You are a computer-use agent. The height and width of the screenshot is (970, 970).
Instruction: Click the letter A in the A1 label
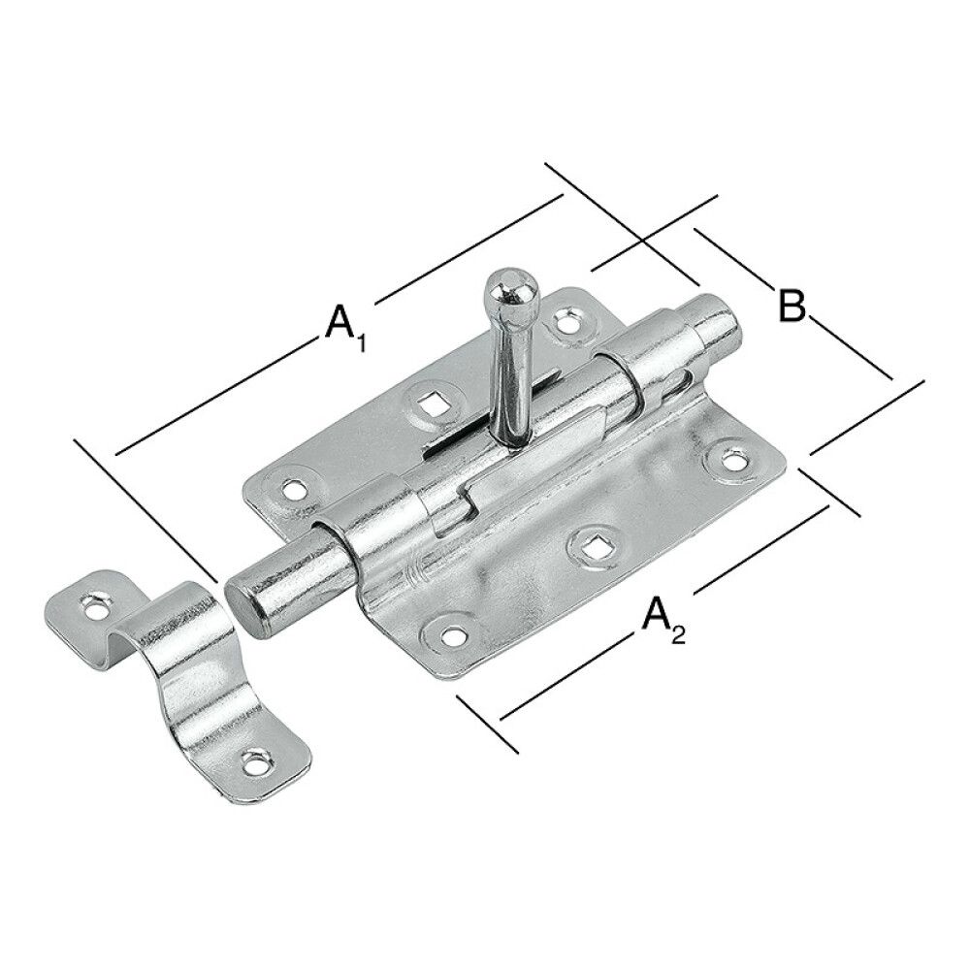[337, 321]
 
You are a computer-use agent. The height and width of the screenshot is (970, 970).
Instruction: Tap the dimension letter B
[792, 307]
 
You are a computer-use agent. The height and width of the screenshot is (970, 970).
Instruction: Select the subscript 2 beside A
[679, 636]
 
